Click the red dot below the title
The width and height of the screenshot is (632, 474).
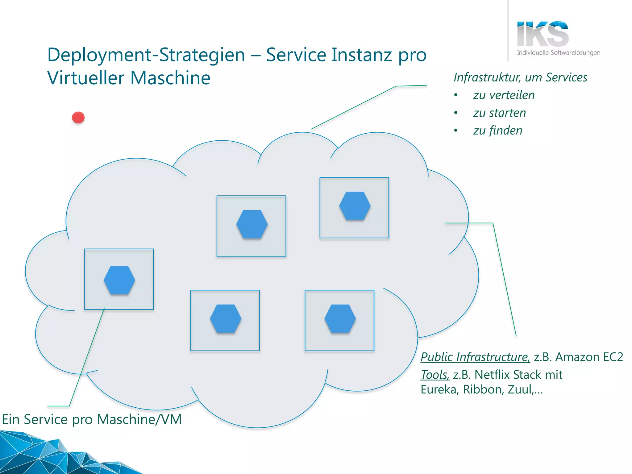coord(78,118)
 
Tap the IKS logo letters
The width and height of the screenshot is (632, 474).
coord(543,34)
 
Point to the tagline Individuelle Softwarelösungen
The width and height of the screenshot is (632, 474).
coord(558,53)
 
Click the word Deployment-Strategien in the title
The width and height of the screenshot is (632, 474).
coord(146,55)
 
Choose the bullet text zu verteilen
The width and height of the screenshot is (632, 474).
coord(504,95)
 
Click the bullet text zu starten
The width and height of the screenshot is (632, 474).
coord(499,113)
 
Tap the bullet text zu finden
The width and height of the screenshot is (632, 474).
coord(497,131)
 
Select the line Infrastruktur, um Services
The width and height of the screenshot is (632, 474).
coord(520,77)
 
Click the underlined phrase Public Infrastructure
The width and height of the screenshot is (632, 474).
coord(475,357)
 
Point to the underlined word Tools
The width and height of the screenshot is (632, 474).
coord(434,375)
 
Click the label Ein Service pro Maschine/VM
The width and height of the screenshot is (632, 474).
coord(92,419)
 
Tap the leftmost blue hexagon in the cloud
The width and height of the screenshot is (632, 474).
coord(119,280)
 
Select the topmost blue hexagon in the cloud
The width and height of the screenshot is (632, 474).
coord(355,206)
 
